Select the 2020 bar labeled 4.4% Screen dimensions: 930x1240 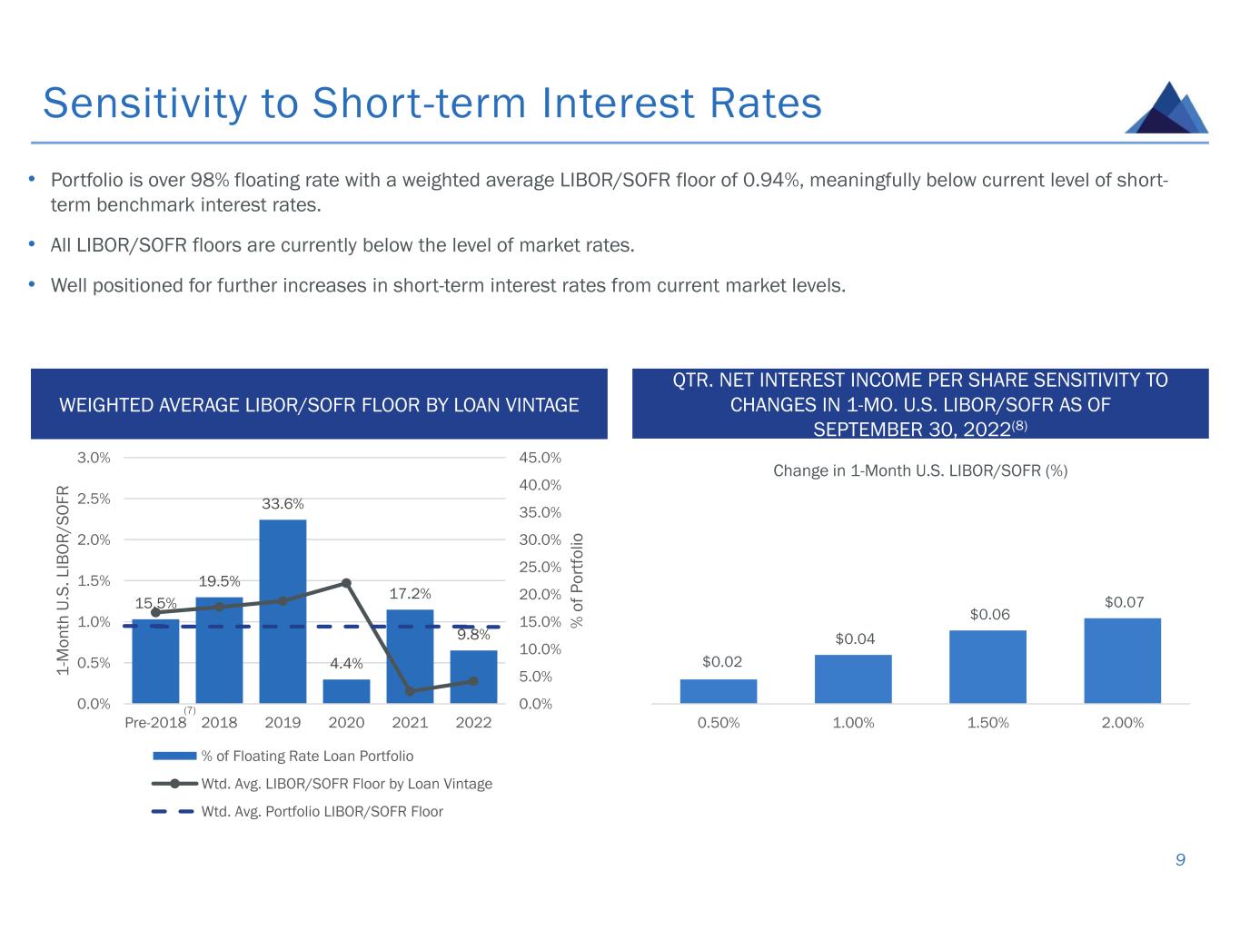[x=346, y=691]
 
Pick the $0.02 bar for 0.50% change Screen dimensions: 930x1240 [x=718, y=691]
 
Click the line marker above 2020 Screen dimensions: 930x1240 [x=346, y=583]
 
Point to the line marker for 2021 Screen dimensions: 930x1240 [x=410, y=691]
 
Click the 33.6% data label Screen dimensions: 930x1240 [x=283, y=504]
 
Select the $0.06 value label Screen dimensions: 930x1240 [x=989, y=615]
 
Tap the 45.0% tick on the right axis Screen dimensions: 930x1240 [x=540, y=458]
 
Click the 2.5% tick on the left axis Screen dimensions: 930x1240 [x=94, y=499]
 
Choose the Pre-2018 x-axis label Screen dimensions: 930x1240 [x=154, y=723]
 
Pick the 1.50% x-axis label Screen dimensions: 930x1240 [x=987, y=723]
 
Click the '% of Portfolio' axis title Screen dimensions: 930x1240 [x=577, y=580]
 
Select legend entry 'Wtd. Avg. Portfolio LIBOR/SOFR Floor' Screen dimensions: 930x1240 [x=322, y=811]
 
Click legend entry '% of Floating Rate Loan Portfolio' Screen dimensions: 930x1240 [x=307, y=756]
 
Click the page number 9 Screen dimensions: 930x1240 [x=1180, y=860]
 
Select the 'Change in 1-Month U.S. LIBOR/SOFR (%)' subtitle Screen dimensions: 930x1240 [x=919, y=470]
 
